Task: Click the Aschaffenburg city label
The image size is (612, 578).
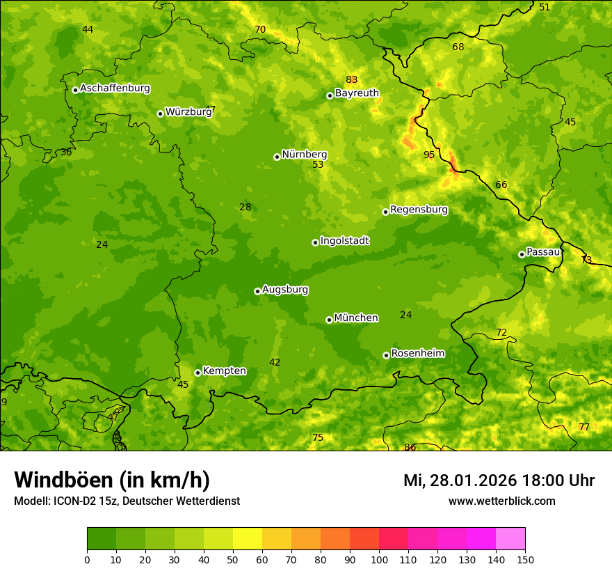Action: [115, 88]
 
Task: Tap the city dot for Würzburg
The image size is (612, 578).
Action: [160, 114]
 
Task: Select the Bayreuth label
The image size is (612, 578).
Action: [357, 93]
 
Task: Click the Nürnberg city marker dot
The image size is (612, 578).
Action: [277, 157]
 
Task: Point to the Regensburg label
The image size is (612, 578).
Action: [419, 210]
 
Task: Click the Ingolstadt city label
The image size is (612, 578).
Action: [344, 241]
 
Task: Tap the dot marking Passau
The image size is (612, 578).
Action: [522, 254]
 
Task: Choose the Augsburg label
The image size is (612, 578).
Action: [285, 290]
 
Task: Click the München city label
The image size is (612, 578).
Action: [356, 318]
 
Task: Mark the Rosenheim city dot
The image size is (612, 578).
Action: [386, 355]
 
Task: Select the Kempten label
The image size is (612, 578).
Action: [224, 371]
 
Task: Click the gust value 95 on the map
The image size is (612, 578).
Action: [429, 155]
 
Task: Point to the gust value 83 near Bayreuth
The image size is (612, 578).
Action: [352, 79]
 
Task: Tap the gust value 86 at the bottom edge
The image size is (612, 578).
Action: [410, 447]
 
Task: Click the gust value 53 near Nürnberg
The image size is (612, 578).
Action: [318, 165]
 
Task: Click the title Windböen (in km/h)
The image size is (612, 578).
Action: [112, 480]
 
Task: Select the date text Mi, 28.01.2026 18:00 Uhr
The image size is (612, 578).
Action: [499, 481]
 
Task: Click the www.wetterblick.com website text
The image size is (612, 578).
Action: [501, 501]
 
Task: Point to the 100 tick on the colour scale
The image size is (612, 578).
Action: [379, 559]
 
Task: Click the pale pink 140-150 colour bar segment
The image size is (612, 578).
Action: [510, 538]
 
